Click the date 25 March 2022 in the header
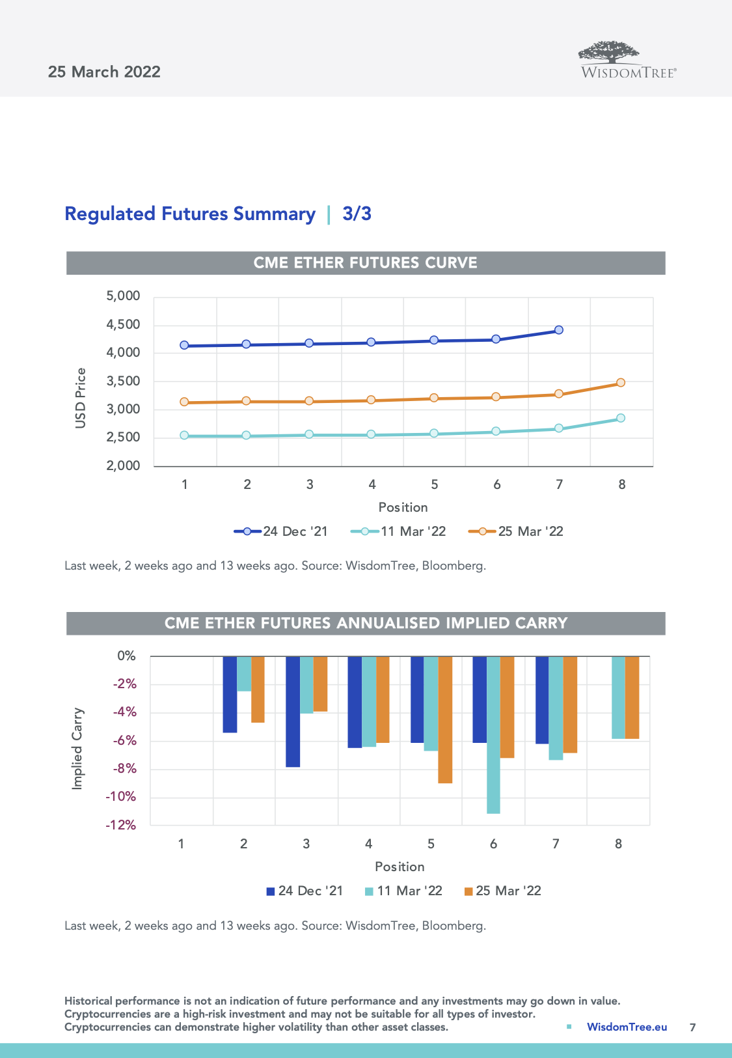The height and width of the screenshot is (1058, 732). point(104,72)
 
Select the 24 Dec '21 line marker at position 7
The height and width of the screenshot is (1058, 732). point(559,330)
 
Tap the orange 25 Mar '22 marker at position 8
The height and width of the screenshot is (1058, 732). point(621,383)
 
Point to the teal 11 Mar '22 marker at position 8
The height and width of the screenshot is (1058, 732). point(621,418)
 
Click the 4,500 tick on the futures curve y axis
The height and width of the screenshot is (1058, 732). point(123,324)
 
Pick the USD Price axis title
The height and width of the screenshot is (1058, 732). point(81,398)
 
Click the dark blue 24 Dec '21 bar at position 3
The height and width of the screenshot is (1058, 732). point(293,711)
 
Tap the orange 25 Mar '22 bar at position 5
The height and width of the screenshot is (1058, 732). point(445,719)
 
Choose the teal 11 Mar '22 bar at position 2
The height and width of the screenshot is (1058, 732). point(244,673)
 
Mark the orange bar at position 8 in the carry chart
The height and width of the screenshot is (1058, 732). point(632,697)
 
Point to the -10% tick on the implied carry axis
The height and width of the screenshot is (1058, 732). point(121,797)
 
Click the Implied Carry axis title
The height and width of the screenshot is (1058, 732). point(77,749)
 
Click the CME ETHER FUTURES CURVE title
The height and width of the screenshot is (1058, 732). point(365,263)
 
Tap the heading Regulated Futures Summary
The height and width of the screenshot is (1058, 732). point(190,214)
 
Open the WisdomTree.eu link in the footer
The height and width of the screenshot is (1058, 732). point(627,1027)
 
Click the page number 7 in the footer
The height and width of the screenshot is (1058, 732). point(692,1027)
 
